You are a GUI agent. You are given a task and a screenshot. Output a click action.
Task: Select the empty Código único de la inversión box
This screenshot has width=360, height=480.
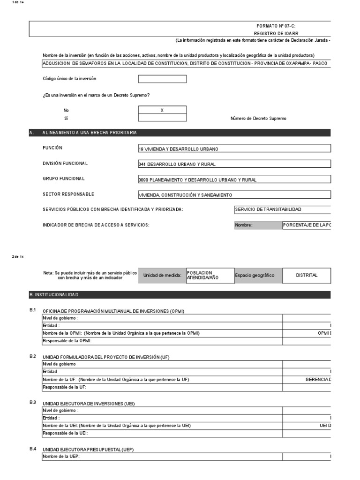[162, 79]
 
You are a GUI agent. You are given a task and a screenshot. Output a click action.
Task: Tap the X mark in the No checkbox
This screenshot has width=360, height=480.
[162, 110]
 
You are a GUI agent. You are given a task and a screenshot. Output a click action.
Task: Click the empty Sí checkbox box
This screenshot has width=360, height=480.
[162, 118]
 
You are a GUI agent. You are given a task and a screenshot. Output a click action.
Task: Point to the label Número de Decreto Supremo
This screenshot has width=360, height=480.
[258, 119]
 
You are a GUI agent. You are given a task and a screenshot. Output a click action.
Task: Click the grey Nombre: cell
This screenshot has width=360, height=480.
[257, 225]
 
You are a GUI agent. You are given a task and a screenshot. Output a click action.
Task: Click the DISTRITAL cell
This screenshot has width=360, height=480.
[307, 276]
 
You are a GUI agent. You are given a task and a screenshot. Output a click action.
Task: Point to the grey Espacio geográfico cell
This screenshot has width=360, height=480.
[258, 276]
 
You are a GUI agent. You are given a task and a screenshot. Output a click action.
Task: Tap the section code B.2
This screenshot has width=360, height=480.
[33, 357]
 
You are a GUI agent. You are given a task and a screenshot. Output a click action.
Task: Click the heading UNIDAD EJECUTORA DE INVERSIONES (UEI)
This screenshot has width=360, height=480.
[88, 404]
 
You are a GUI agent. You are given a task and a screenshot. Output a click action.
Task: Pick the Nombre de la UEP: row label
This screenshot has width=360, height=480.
[61, 456]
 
